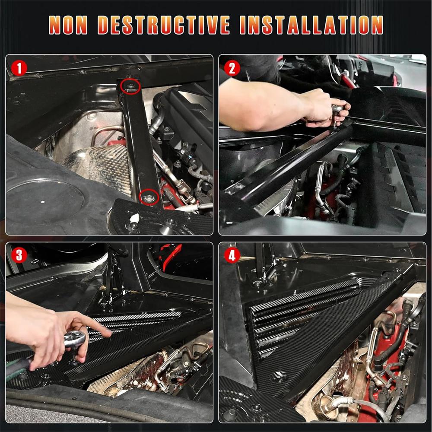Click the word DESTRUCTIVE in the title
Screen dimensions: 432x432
164,25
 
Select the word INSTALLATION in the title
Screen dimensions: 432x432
311,25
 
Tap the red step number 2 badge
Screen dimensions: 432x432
232,68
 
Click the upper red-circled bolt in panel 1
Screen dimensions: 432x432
130,87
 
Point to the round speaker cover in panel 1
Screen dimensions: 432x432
43,201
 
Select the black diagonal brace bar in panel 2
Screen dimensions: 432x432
294,160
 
